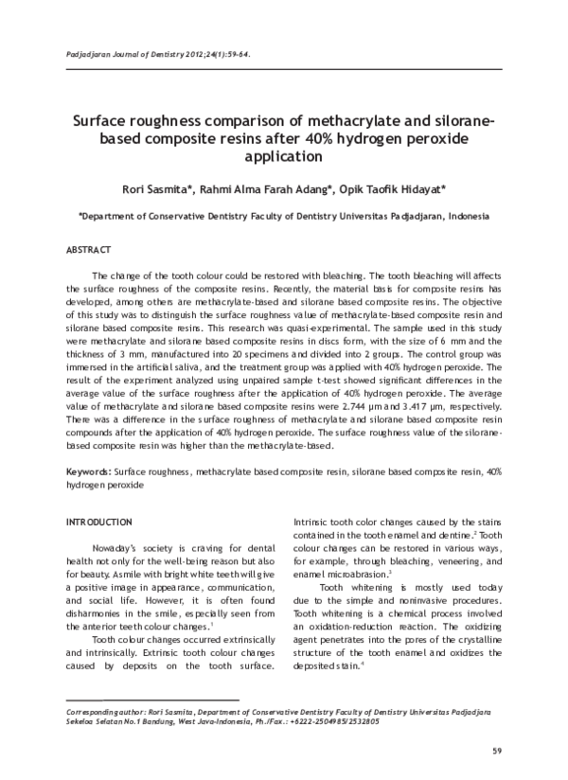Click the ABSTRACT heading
(x=89, y=249)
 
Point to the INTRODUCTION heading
(x=98, y=523)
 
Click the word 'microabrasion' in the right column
(x=357, y=576)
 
